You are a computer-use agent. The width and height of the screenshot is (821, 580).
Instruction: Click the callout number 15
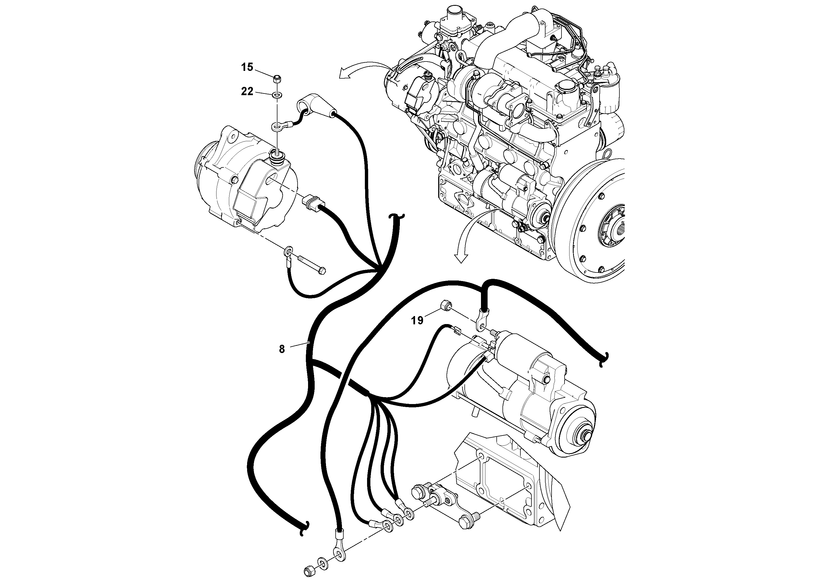pyautogui.click(x=247, y=67)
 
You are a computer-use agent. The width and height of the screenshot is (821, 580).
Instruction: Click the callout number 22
pyautogui.click(x=247, y=92)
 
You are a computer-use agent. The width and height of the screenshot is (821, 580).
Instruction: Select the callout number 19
pyautogui.click(x=417, y=320)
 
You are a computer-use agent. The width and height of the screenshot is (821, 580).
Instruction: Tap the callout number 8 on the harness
pyautogui.click(x=282, y=349)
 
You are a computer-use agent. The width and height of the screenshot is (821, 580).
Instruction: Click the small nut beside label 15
pyautogui.click(x=277, y=78)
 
